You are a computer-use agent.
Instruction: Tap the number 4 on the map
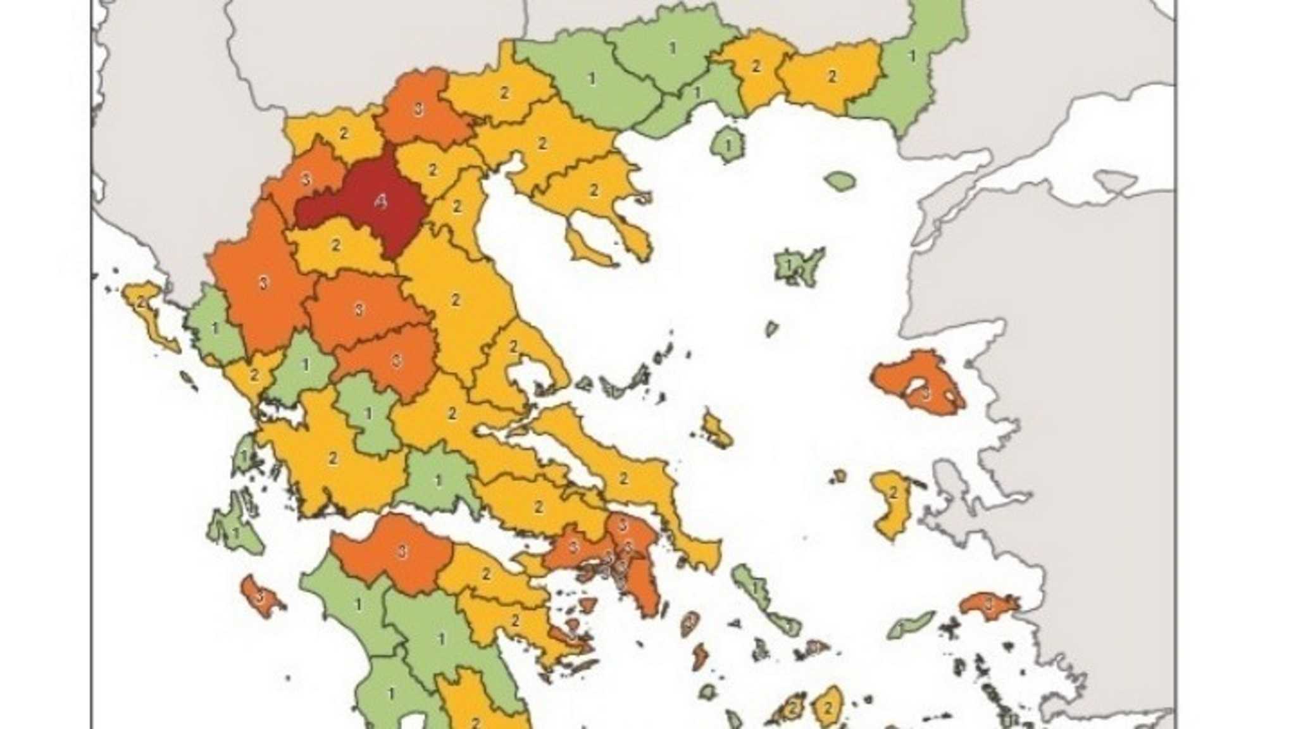point(380,202)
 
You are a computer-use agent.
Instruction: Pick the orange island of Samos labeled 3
point(988,605)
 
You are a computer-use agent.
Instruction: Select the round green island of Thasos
point(728,144)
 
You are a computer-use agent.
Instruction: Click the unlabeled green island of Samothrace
point(840,181)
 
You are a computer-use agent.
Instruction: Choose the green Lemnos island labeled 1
point(797,266)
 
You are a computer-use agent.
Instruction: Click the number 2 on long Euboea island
point(623,478)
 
